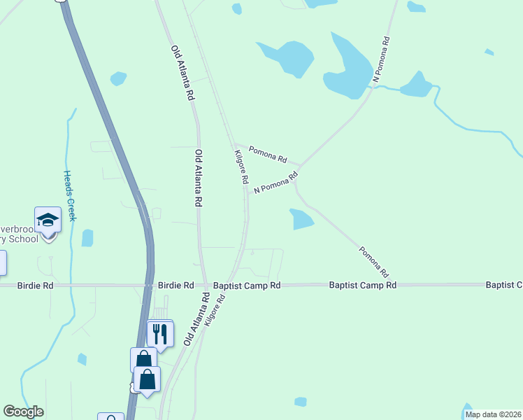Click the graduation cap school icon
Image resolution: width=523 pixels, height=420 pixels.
click(48, 220)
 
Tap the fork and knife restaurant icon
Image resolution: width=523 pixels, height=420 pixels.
click(159, 334)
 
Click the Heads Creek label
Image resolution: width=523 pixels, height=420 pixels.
click(69, 195)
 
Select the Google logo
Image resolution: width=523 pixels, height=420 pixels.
click(24, 412)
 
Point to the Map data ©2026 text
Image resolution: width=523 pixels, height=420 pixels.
click(493, 414)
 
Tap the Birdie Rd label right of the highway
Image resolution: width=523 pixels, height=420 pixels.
click(175, 286)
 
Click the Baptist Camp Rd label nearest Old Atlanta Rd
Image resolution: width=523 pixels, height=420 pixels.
click(247, 286)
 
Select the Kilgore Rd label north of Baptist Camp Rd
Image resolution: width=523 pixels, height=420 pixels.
click(242, 167)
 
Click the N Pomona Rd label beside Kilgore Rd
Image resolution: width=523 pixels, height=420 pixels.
click(271, 184)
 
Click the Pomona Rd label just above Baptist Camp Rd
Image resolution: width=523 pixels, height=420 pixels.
click(373, 260)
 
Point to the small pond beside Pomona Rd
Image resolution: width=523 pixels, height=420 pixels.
click(302, 219)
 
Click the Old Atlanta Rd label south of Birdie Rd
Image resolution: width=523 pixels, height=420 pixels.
click(197, 319)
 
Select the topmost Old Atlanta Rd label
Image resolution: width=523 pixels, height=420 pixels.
click(182, 74)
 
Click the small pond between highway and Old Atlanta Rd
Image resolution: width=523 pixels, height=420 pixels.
click(118, 78)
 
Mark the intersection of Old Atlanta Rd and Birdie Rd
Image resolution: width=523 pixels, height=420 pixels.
click(205, 286)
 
